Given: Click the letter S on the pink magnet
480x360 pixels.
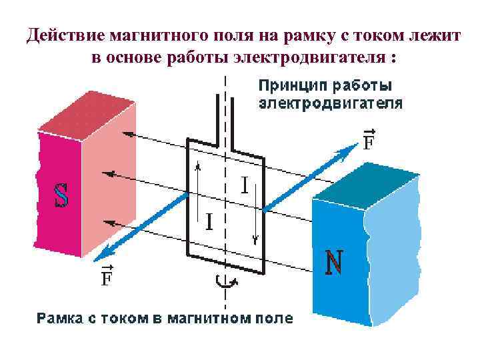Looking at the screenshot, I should coord(61,194).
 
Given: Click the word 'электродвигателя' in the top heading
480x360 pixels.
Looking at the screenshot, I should coord(308,57).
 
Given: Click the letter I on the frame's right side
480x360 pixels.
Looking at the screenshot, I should coord(245,185).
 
